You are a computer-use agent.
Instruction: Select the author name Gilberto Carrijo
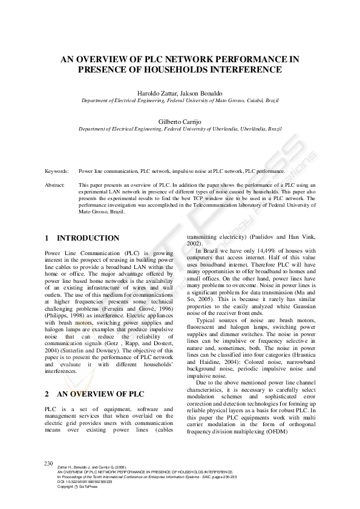click(180, 121)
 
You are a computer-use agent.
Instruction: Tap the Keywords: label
click(57, 172)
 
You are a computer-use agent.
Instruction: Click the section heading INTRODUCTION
click(88, 238)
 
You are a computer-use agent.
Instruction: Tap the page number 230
click(50, 463)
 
